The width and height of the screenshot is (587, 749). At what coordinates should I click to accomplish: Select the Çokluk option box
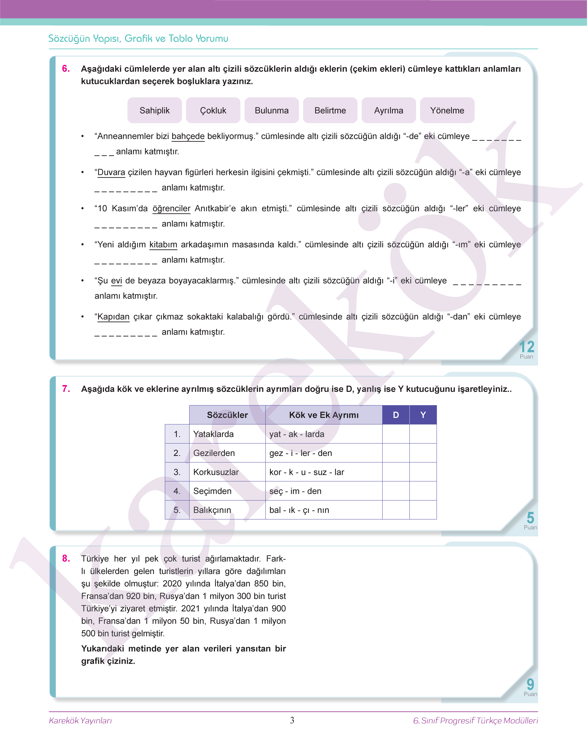pos(213,110)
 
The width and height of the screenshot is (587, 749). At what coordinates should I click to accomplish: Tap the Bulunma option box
pos(271,110)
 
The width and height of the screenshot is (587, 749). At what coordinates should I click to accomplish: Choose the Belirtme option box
pos(330,110)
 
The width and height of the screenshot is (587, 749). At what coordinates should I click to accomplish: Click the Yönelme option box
pos(447,110)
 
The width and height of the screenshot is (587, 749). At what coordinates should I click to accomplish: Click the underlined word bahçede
pos(188,136)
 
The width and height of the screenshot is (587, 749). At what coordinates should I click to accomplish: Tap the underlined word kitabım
pos(163,244)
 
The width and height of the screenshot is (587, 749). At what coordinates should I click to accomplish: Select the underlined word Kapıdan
pos(113,316)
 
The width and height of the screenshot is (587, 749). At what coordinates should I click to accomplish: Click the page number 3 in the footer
pos(292,720)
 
